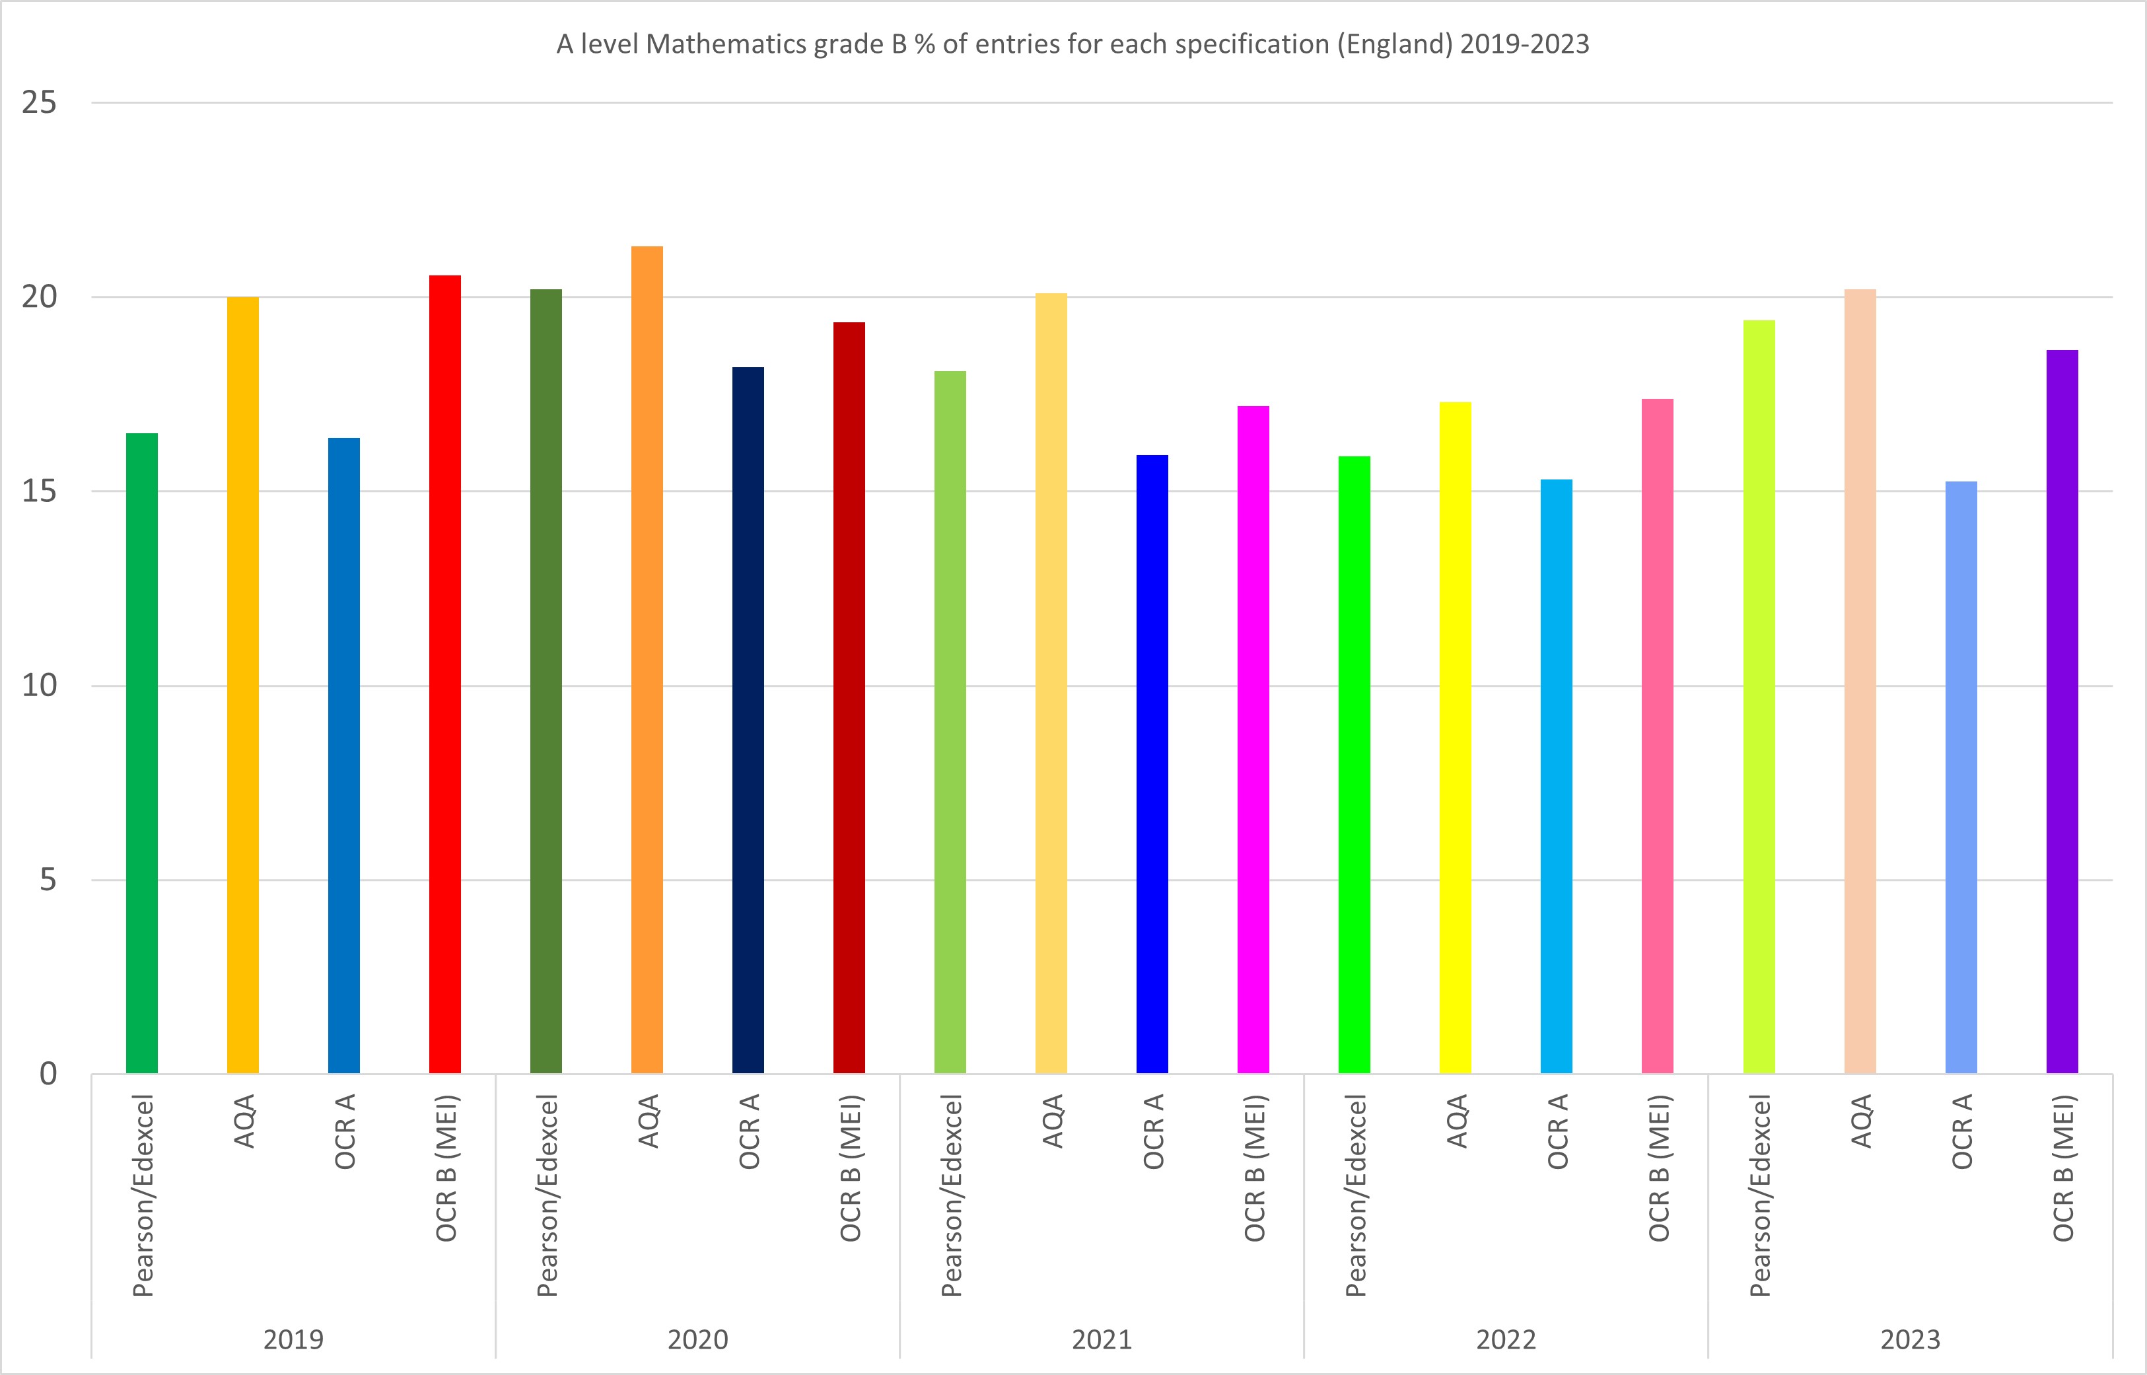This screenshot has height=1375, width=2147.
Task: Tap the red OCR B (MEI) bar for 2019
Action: point(444,674)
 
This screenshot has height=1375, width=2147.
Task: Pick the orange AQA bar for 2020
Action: point(647,660)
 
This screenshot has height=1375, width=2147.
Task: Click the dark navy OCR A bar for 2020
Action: point(748,720)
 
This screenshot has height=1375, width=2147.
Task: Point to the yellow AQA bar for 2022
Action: point(1455,738)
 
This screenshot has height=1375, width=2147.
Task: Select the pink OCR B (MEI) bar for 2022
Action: point(1657,736)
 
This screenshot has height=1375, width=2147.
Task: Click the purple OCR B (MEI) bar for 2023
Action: point(2062,712)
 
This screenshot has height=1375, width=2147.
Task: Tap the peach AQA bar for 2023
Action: point(1860,682)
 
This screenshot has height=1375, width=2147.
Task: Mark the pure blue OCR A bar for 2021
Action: point(1152,763)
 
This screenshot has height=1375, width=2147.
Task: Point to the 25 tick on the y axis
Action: point(39,102)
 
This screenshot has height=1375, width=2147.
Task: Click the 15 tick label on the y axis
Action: point(39,491)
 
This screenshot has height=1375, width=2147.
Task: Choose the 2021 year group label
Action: point(1102,1339)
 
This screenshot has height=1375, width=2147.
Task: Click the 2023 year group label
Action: point(1911,1339)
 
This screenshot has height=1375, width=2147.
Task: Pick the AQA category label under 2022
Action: point(1457,1121)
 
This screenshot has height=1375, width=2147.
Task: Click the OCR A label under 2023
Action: point(1962,1131)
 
